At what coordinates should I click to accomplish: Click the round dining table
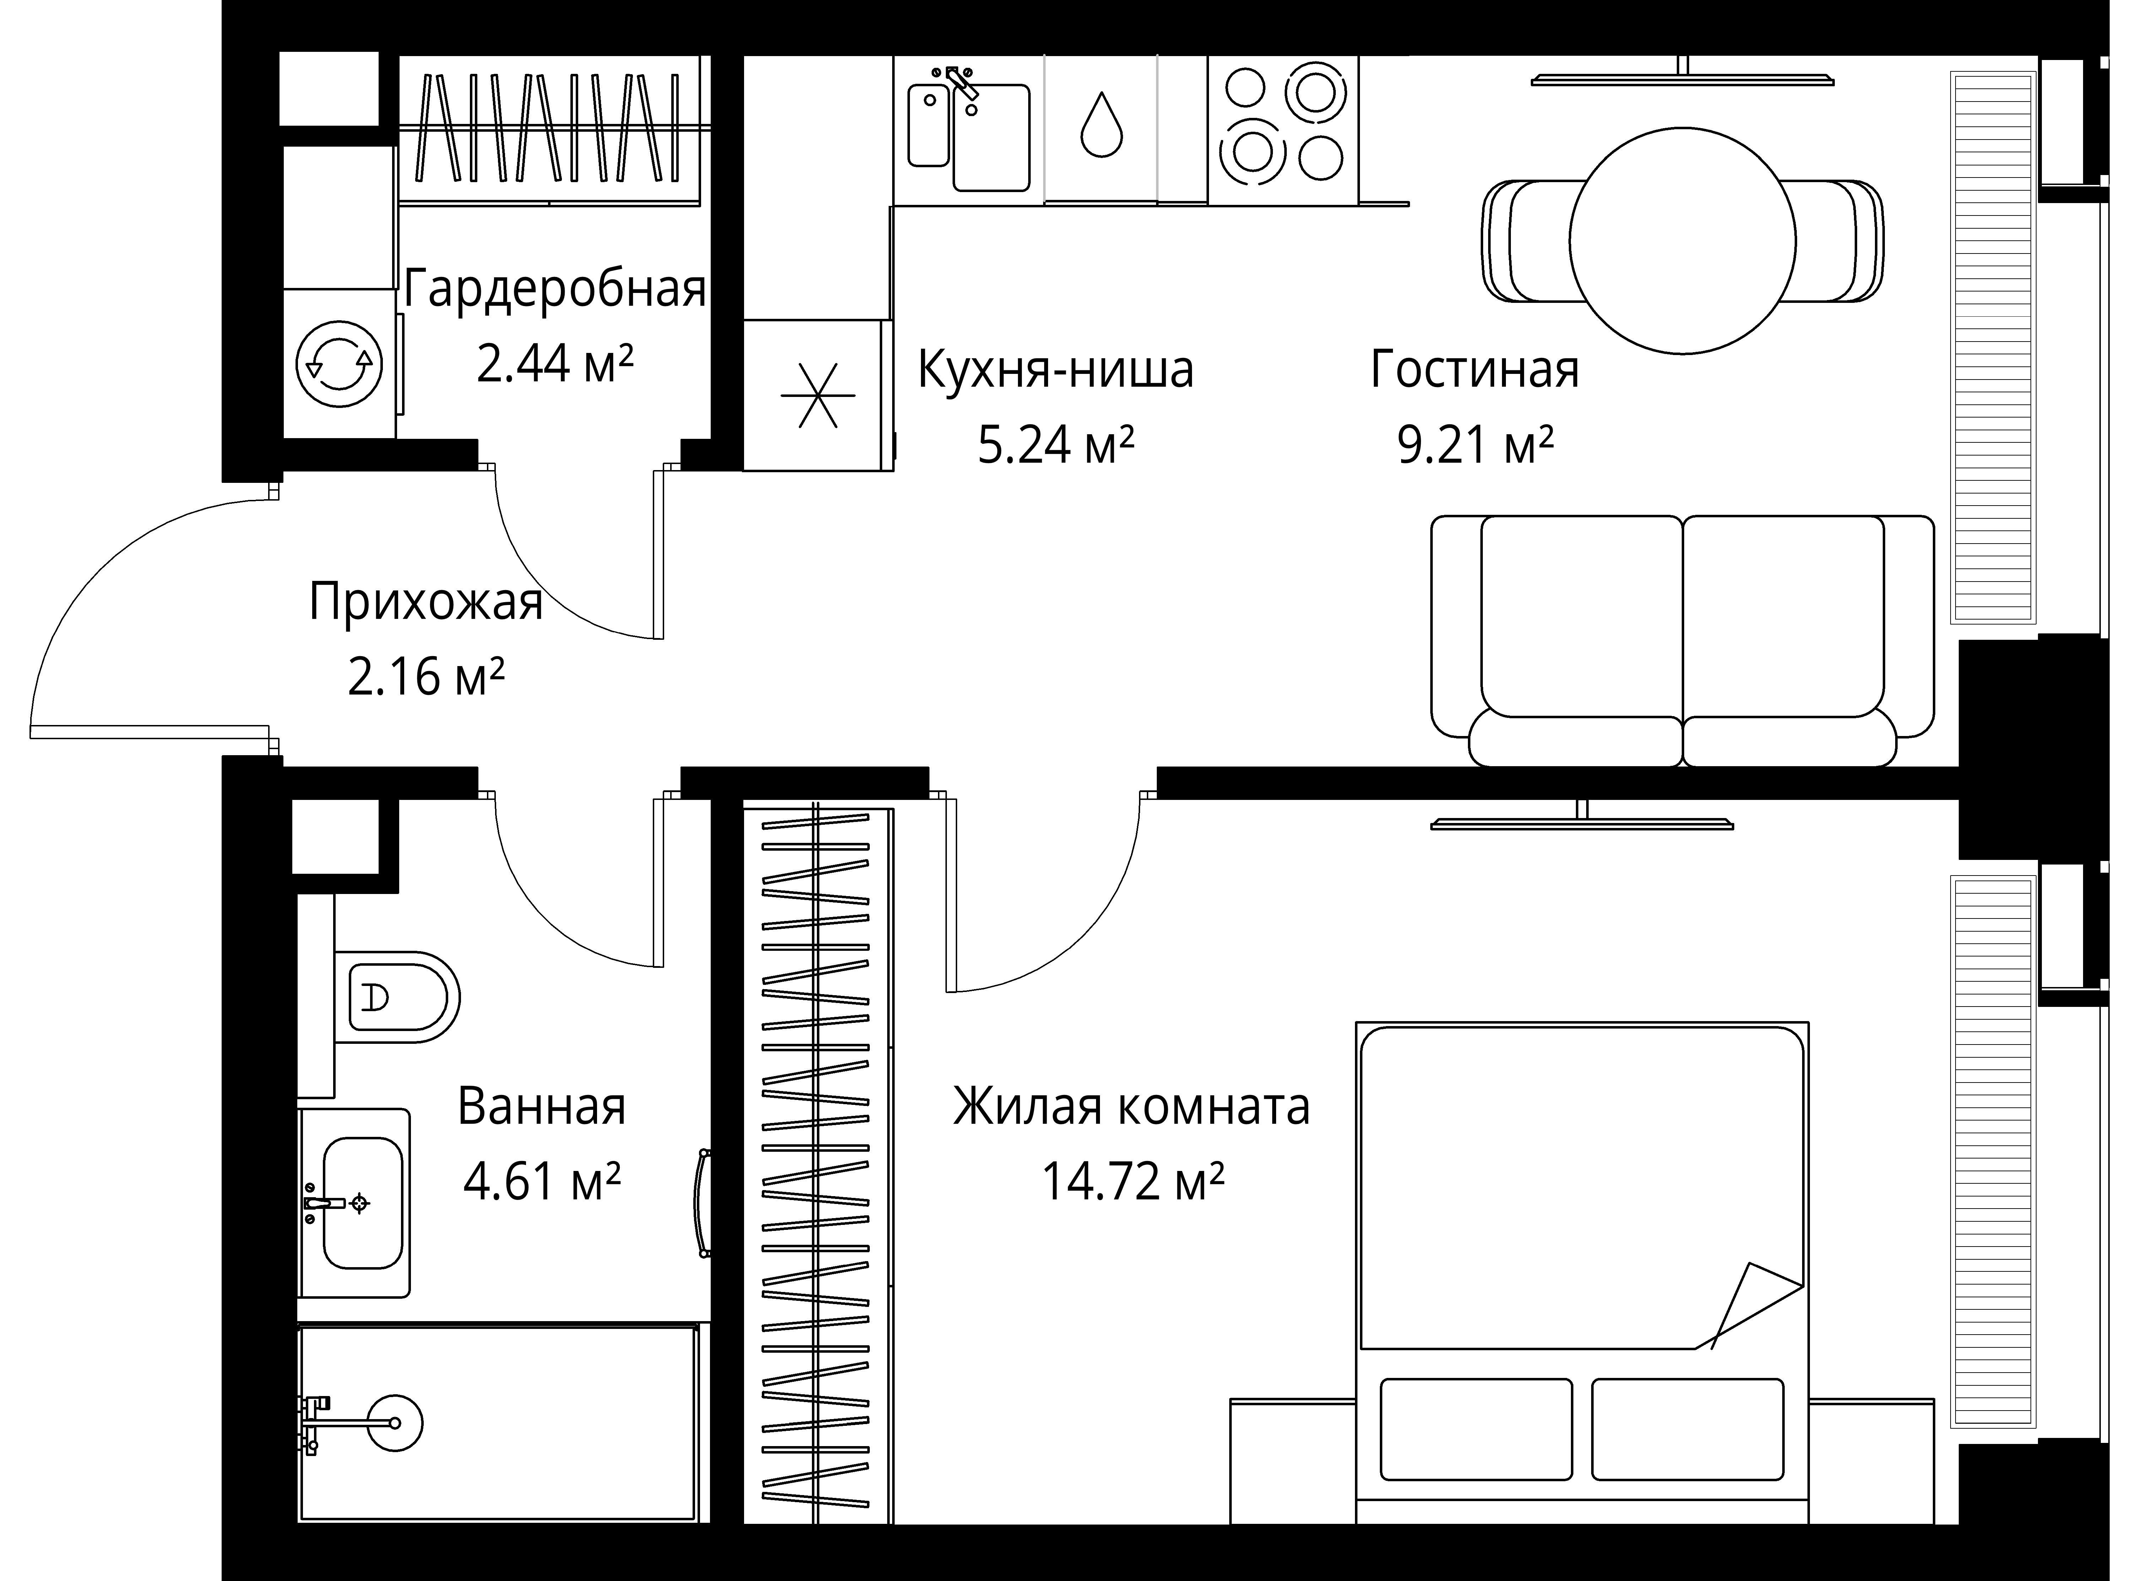(1682, 241)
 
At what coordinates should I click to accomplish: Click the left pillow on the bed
(1475, 1429)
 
